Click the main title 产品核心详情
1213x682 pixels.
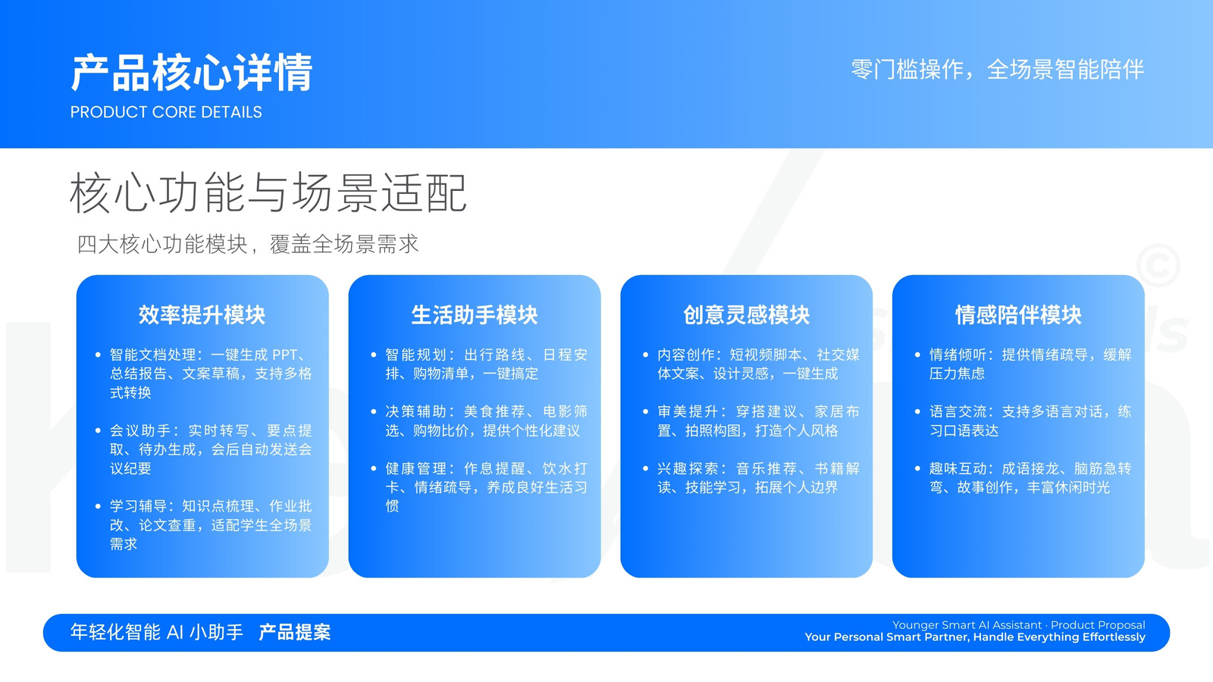pyautogui.click(x=192, y=73)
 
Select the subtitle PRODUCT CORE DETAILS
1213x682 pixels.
pyautogui.click(x=166, y=112)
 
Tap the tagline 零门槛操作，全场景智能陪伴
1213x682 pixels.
pyautogui.click(x=998, y=70)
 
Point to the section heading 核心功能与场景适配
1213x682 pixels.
pyautogui.click(x=268, y=192)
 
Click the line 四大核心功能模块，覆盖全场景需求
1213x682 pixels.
pyautogui.click(x=247, y=244)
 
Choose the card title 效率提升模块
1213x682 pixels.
pyautogui.click(x=202, y=314)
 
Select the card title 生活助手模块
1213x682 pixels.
pyautogui.click(x=475, y=314)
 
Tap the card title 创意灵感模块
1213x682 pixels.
pyautogui.click(x=746, y=314)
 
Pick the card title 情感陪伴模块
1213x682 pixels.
pyautogui.click(x=1018, y=314)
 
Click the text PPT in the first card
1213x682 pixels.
pyautogui.click(x=285, y=355)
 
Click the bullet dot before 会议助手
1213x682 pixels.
pyautogui.click(x=98, y=431)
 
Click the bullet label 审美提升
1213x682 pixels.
pyautogui.click(x=687, y=412)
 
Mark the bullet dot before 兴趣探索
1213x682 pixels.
pyautogui.click(x=645, y=469)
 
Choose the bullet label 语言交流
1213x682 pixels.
pyautogui.click(x=958, y=412)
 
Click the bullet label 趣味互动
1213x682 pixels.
pyautogui.click(x=958, y=469)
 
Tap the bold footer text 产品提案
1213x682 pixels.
pyautogui.click(x=295, y=632)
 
